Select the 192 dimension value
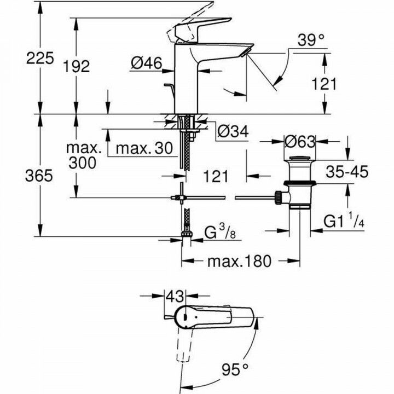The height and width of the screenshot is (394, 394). [76, 66]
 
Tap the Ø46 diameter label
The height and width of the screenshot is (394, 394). [146, 64]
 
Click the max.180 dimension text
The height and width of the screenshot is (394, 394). [239, 261]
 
